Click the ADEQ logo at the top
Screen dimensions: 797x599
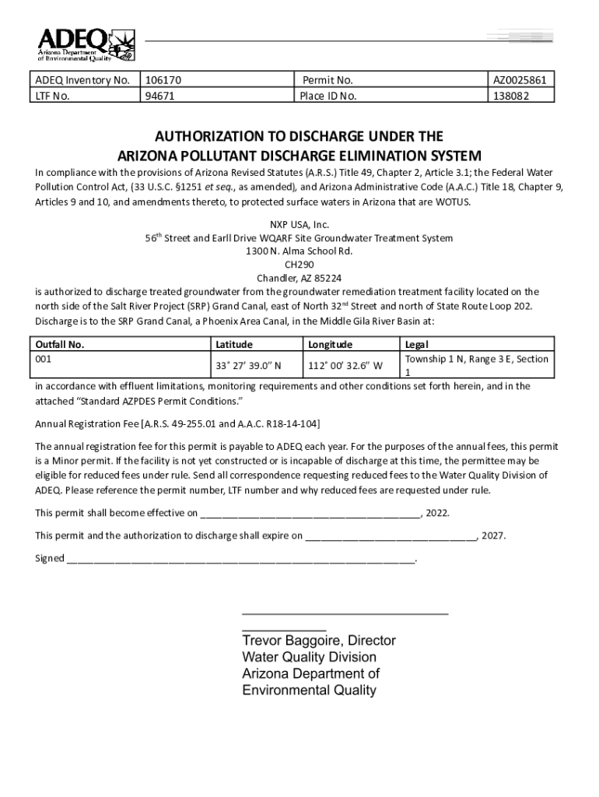point(86,44)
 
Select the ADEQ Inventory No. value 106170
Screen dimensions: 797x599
point(163,80)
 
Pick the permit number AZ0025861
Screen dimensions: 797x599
point(520,80)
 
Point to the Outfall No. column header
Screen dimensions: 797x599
point(60,344)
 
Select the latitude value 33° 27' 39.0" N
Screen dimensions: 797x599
point(248,365)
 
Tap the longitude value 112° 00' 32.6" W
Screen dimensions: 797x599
point(345,365)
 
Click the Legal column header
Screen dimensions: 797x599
point(417,344)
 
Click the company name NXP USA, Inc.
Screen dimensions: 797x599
point(299,224)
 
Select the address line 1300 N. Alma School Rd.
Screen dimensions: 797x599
point(299,251)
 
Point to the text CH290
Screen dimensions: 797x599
point(299,265)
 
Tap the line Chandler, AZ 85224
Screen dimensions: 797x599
point(299,278)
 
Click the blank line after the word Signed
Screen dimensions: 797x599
point(241,559)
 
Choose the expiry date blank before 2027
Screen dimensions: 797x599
point(391,536)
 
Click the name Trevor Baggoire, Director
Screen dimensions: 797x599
point(319,641)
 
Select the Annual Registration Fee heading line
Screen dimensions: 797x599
point(177,423)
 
